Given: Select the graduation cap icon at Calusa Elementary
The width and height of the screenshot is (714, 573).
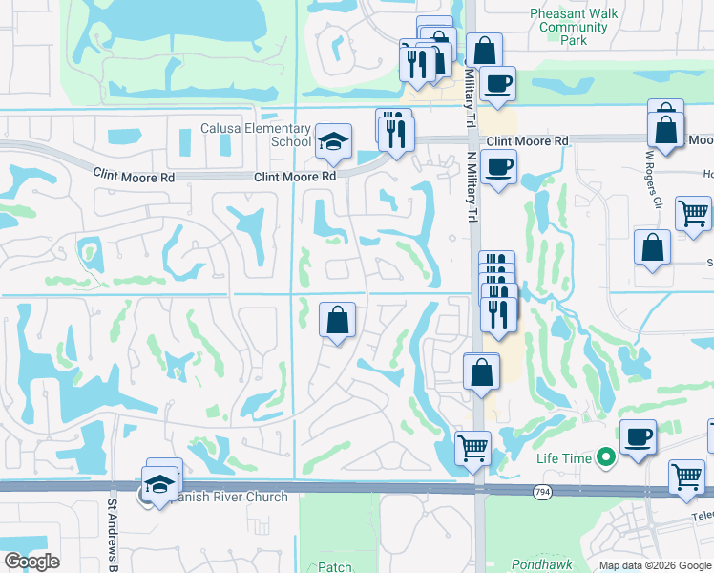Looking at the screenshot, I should coord(332,142).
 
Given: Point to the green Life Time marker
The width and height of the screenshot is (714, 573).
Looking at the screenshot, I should coord(604,458).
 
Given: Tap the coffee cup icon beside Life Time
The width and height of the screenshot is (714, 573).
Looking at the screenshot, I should coord(638,437).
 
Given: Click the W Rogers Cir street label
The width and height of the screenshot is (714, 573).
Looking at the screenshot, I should coord(654,179).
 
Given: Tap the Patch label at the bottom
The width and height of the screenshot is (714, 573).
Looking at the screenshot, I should coord(334,567).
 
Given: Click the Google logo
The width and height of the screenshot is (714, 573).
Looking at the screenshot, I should coord(31,562).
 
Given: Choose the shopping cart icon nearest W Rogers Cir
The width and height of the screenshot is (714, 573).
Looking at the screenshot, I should coord(693,213).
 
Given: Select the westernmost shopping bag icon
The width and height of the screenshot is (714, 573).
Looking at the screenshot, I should coord(337,320).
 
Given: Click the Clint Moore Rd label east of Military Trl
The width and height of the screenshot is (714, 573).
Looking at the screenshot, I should coord(527,141).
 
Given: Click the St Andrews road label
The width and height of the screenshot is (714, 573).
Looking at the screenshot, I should coord(112,523).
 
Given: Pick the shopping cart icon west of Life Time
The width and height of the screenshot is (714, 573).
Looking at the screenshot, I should coord(472,447).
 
